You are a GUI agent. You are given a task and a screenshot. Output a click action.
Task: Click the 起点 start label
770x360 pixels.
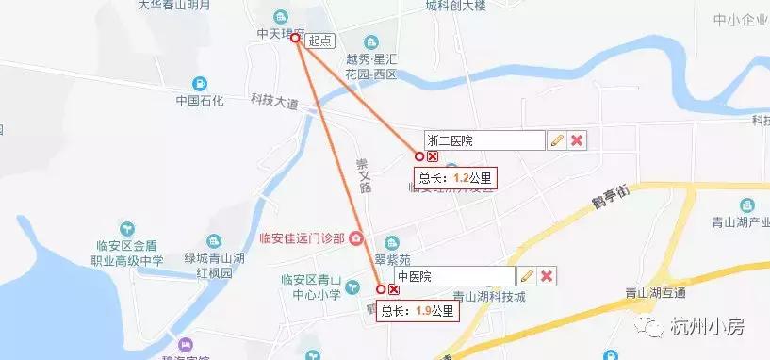click(320, 40)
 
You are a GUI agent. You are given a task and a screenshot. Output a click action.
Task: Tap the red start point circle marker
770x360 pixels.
click(295, 39)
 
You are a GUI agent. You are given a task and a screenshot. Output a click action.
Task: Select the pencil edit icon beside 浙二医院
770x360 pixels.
click(557, 140)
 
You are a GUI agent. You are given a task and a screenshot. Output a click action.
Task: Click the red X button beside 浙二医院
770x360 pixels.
click(578, 140)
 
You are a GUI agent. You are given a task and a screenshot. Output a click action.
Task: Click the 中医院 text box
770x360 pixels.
click(454, 276)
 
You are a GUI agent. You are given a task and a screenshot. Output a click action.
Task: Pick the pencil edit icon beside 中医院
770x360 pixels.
click(527, 276)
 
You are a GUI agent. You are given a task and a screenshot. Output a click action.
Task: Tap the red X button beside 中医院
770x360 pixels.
click(547, 276)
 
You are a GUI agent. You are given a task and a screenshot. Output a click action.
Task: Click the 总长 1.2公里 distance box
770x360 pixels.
click(454, 176)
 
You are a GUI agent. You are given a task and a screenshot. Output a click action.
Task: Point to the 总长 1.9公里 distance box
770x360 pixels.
click(418, 310)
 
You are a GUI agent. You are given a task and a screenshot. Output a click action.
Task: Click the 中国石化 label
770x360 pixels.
click(200, 101)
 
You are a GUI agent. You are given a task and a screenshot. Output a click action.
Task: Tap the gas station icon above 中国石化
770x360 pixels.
click(199, 83)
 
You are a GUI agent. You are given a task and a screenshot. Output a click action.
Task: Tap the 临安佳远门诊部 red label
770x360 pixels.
click(302, 238)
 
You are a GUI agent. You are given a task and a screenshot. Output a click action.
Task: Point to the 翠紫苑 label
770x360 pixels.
click(392, 257)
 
